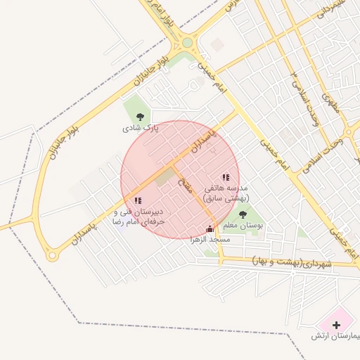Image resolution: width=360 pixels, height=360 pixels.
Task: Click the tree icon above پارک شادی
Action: (140, 117)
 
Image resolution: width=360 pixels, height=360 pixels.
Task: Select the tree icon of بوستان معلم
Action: (243, 215)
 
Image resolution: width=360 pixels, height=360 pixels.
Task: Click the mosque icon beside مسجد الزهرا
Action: (209, 228)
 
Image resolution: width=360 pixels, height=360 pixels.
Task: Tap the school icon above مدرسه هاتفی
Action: (226, 178)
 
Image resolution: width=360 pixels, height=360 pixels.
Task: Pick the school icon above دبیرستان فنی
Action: (137, 200)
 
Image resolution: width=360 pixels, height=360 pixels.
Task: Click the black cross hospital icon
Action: (336, 325)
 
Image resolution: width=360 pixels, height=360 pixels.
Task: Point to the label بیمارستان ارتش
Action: (336, 336)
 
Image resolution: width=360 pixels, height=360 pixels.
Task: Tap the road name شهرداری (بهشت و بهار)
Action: (291, 263)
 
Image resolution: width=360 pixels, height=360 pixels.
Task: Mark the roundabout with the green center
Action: (187, 43)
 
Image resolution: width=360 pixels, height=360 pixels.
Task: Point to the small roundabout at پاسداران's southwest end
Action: (51, 256)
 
